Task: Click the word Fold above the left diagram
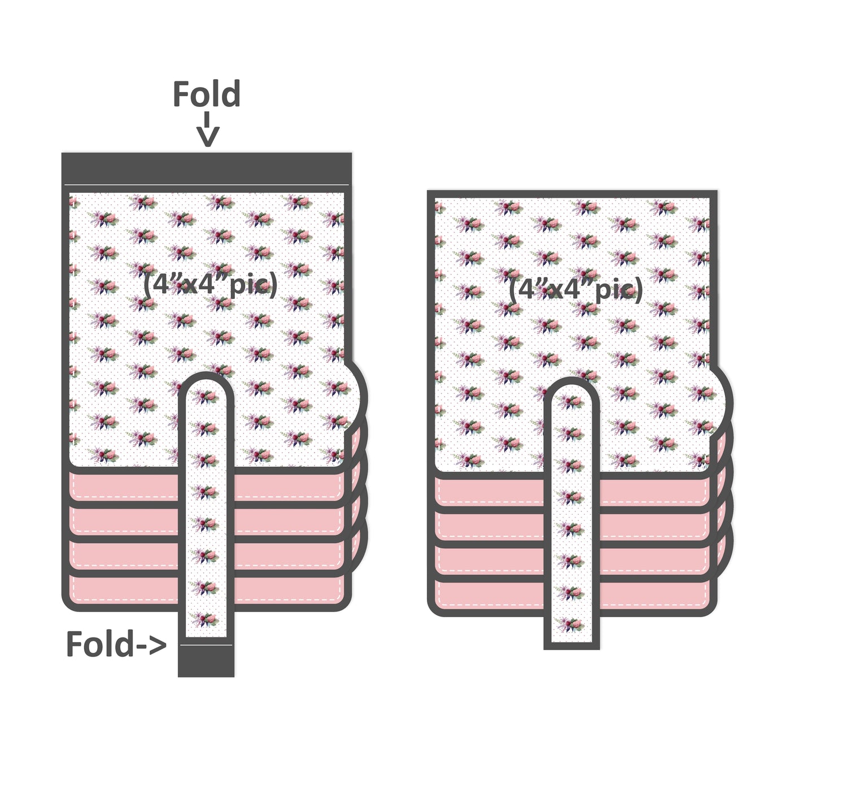pyautogui.click(x=206, y=94)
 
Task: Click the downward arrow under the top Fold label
pyautogui.click(x=207, y=132)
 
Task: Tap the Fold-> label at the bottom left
pyautogui.click(x=116, y=644)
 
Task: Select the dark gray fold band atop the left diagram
pyautogui.click(x=206, y=168)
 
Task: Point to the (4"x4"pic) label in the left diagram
pyautogui.click(x=209, y=284)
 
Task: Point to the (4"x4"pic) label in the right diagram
pyautogui.click(x=575, y=289)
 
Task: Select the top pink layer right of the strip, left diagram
pyautogui.click(x=288, y=485)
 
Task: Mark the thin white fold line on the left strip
pyautogui.click(x=206, y=644)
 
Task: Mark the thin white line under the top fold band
pyautogui.click(x=206, y=185)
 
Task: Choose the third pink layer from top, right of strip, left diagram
pyautogui.click(x=288, y=554)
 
